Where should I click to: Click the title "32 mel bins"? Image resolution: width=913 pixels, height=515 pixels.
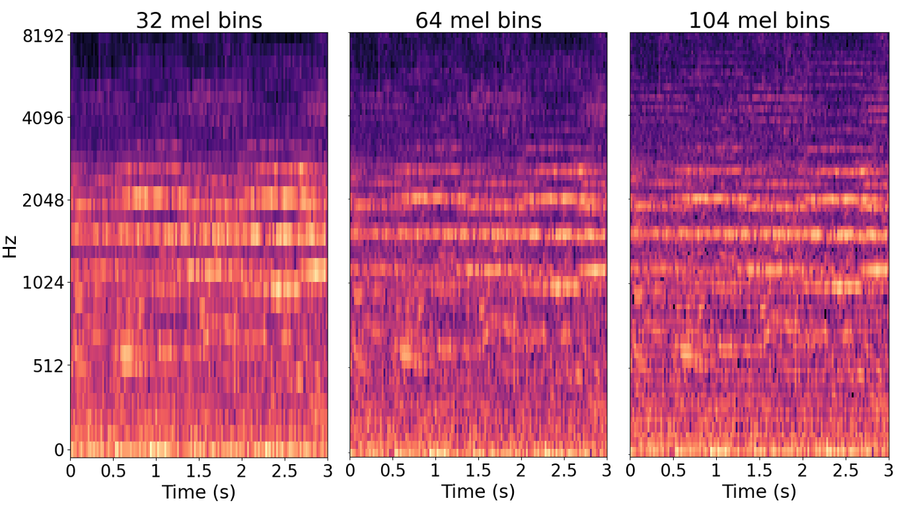coord(199,20)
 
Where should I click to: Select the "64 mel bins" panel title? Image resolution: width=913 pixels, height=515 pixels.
coord(478,20)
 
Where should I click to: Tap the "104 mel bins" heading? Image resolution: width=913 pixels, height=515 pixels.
coord(759,20)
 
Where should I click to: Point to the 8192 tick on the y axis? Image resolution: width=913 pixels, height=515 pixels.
coord(43,36)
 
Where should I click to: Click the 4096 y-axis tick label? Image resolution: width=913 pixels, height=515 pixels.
coord(43,119)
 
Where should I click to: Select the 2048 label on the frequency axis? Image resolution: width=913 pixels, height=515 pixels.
coord(43,201)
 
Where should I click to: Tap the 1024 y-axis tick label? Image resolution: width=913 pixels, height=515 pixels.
coord(43,283)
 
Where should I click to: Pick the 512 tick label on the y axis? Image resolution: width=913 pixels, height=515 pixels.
coord(48,366)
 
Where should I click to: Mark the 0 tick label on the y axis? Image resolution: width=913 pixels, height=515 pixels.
coord(58,450)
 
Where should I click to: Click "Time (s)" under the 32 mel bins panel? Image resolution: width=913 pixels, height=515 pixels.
coord(199,492)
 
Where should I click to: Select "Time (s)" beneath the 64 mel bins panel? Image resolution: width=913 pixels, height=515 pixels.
coord(478,492)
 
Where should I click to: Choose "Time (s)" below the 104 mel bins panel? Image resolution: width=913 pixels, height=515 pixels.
coord(759,492)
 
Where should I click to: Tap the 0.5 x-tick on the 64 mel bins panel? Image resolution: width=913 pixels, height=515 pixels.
coord(392,471)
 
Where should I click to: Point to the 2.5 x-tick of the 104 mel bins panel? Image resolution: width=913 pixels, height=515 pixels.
coord(845,471)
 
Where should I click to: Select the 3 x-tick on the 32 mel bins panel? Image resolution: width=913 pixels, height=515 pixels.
coord(327,471)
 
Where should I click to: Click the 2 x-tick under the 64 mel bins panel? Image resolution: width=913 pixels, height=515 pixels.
coord(521,471)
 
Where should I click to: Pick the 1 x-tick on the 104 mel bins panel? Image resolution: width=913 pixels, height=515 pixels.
coord(716,471)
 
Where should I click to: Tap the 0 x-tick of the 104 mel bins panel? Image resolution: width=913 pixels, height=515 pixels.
coord(630,471)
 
